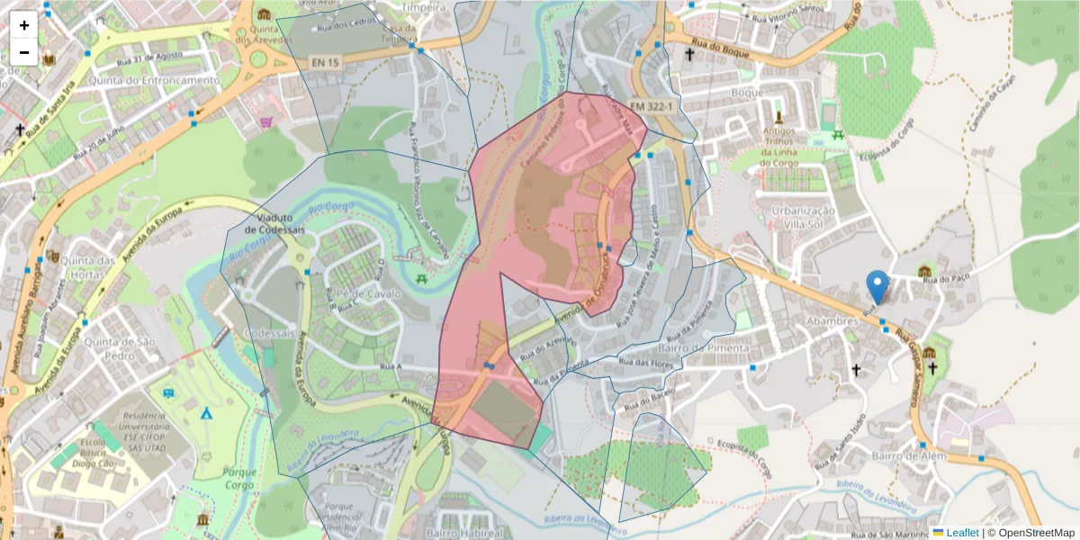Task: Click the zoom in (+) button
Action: tap(24, 25)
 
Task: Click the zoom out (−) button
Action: tap(24, 52)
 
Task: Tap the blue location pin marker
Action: tap(877, 287)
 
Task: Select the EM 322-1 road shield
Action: tap(652, 105)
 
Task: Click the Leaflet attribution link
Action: tap(962, 532)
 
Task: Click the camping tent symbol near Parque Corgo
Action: tap(206, 414)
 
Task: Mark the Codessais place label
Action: tap(271, 333)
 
